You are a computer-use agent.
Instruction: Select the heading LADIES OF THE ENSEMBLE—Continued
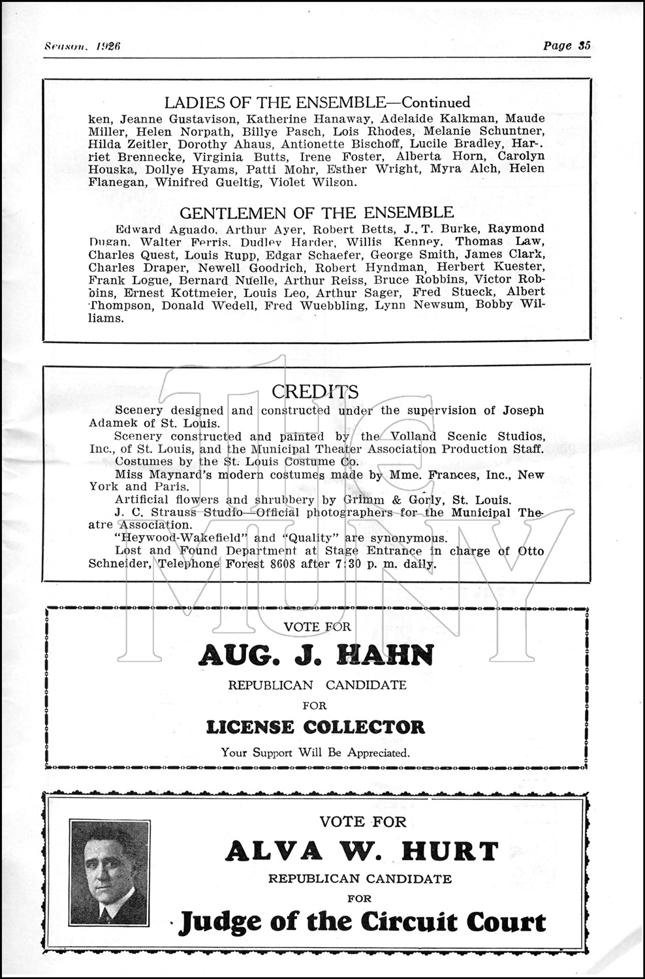click(x=317, y=102)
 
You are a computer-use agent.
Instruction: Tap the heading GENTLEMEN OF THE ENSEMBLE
click(x=317, y=212)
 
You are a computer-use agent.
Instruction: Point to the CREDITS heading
click(x=315, y=392)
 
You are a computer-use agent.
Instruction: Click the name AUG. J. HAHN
click(x=316, y=655)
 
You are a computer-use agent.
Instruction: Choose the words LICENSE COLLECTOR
click(x=315, y=726)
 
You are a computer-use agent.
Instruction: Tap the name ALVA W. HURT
click(x=362, y=851)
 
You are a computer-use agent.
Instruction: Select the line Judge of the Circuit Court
click(x=362, y=922)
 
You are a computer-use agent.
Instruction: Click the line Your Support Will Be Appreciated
click(x=315, y=752)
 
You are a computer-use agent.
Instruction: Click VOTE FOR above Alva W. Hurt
click(x=362, y=822)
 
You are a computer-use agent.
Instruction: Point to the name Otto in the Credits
click(x=529, y=551)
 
